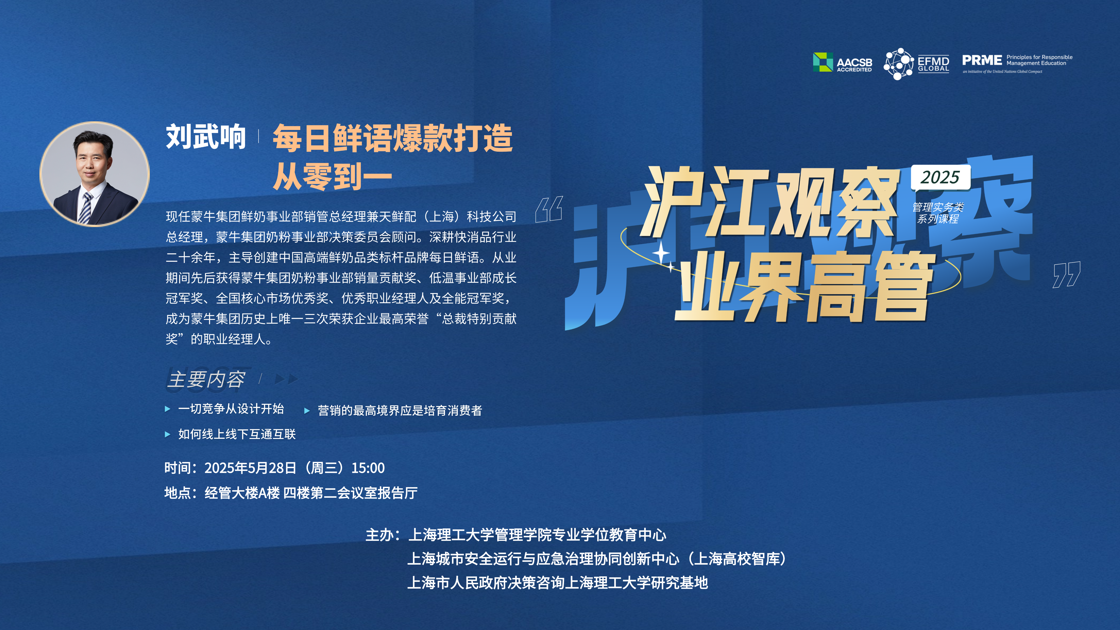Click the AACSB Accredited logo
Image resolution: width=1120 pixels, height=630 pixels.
pos(842,62)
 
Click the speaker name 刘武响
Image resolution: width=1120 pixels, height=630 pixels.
pos(206,137)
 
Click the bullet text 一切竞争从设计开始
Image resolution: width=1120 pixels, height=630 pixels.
pos(231,409)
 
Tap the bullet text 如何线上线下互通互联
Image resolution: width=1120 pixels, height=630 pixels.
pos(237,434)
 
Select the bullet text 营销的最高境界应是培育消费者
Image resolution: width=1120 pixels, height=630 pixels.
pos(400,410)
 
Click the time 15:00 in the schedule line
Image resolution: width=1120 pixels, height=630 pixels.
pos(368,468)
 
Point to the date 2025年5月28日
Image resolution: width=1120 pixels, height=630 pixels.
pos(250,468)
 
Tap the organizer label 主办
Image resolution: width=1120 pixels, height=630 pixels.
pos(380,535)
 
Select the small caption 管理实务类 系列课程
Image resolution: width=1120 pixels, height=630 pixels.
pos(938,213)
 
